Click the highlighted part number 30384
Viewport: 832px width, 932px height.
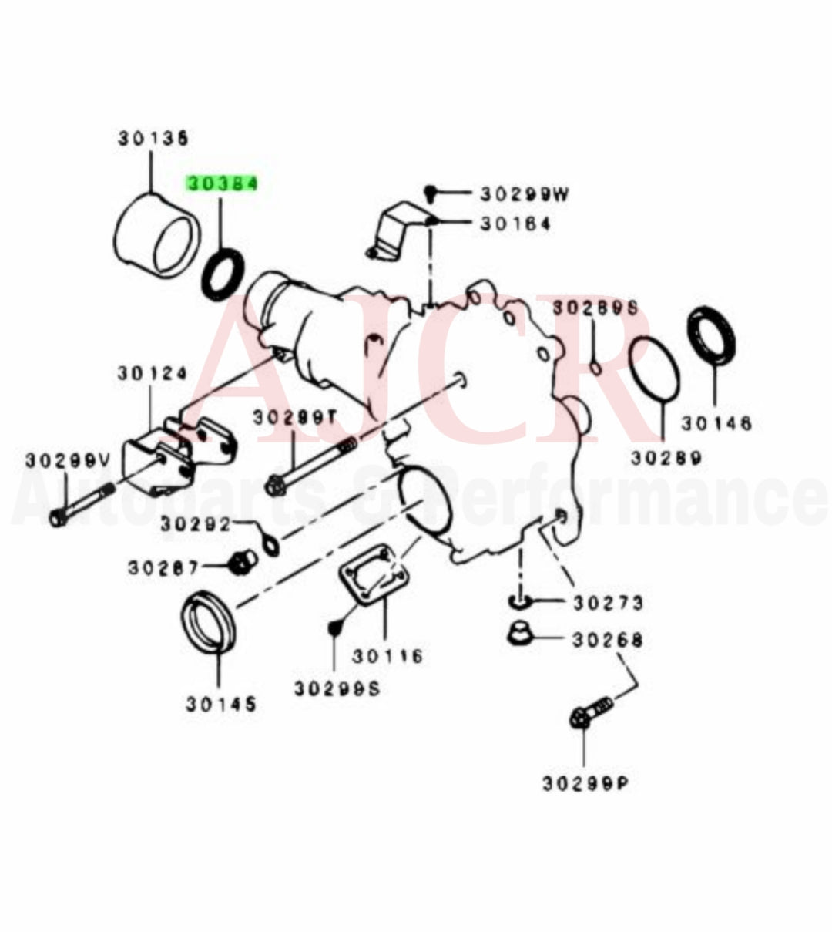(x=221, y=184)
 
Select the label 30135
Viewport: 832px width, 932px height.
(x=153, y=139)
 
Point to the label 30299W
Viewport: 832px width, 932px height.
(x=525, y=193)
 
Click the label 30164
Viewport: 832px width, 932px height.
(x=515, y=224)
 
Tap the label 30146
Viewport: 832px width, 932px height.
(x=716, y=423)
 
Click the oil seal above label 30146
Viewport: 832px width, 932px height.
(x=713, y=336)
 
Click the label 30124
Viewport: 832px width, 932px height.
(x=152, y=373)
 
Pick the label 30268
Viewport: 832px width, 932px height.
(x=606, y=640)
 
